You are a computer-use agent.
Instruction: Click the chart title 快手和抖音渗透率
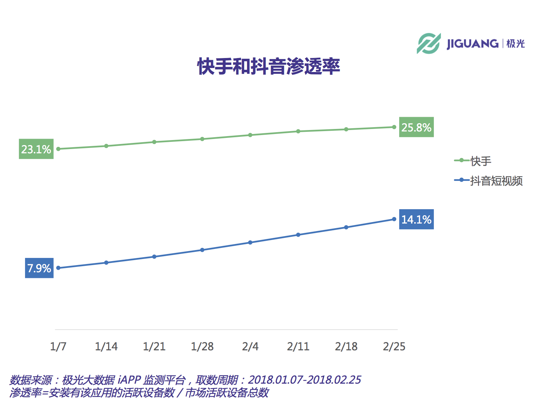click(268, 66)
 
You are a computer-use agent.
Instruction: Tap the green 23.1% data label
click(36, 149)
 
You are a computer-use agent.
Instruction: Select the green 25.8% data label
click(416, 127)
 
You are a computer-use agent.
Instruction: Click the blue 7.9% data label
click(39, 268)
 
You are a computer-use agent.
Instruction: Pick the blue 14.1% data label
click(416, 219)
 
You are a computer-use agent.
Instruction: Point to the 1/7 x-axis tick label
click(58, 346)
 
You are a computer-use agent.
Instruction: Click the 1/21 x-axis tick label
click(154, 346)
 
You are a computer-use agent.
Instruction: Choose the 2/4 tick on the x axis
click(250, 346)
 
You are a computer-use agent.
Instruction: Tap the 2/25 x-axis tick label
click(394, 346)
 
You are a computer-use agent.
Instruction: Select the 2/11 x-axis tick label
click(298, 346)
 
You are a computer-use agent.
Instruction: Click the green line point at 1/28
click(202, 139)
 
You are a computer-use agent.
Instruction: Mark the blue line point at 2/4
click(250, 243)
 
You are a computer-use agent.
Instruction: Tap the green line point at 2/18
click(346, 129)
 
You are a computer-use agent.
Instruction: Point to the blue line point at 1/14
click(106, 263)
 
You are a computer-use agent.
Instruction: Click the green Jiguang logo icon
click(429, 44)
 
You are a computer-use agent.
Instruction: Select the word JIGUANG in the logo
click(472, 44)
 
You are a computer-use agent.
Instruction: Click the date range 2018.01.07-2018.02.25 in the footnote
click(304, 380)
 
